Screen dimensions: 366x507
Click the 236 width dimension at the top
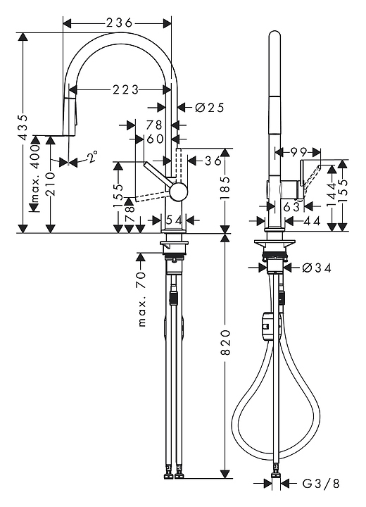point(120,23)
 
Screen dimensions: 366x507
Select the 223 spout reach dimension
point(126,89)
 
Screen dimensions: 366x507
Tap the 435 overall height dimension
point(23,127)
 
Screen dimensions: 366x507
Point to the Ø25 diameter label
point(210,107)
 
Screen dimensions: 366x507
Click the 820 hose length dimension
point(226,342)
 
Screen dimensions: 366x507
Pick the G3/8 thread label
point(321,484)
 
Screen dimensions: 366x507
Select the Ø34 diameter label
point(317,268)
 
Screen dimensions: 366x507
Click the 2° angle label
point(92,156)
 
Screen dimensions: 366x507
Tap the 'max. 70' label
point(142,299)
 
